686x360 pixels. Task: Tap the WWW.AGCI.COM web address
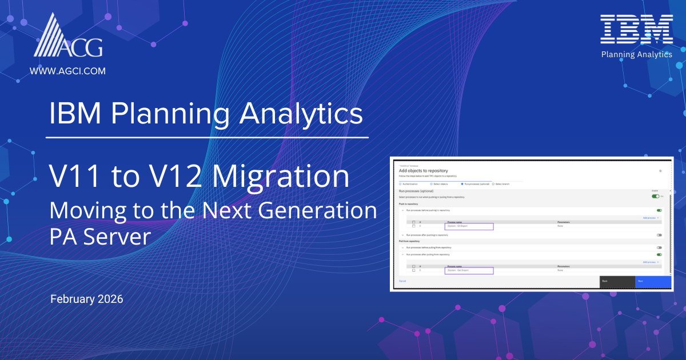click(67, 71)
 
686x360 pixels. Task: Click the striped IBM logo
click(636, 30)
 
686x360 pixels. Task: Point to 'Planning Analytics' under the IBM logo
click(637, 54)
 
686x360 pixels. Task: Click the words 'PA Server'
click(99, 236)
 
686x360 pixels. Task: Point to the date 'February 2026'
click(87, 299)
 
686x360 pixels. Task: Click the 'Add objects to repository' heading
click(423, 171)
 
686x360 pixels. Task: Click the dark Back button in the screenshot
click(617, 281)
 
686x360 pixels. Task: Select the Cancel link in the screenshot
click(402, 281)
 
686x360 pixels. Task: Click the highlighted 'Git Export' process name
click(469, 227)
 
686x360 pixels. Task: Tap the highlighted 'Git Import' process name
click(469, 270)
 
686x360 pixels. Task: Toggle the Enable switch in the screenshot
click(656, 196)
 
